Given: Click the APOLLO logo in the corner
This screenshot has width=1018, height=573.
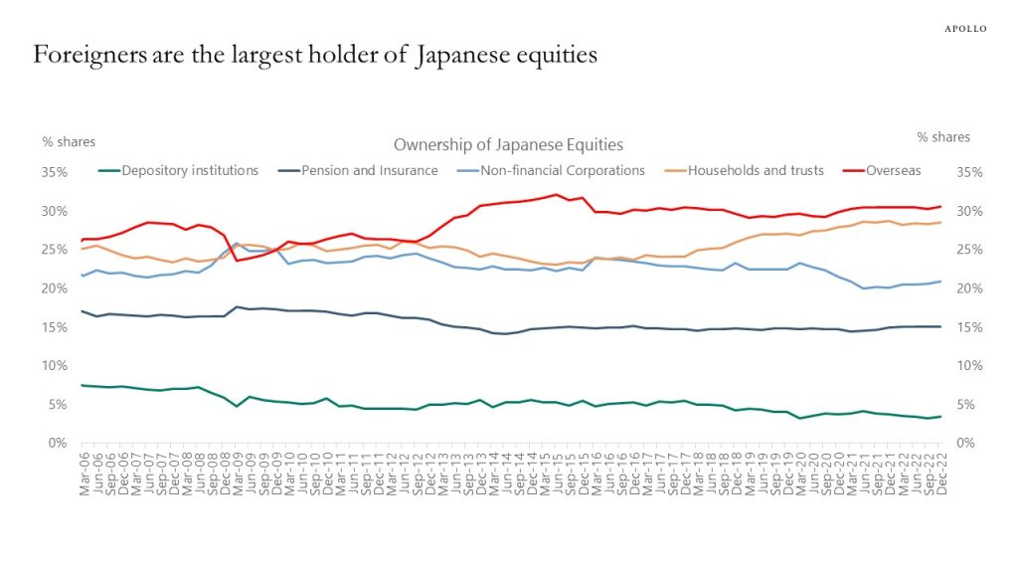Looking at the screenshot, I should [x=964, y=29].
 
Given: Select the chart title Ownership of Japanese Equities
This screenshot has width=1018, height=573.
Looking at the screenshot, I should [x=508, y=145].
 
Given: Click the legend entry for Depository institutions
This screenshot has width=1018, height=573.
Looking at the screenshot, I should [x=189, y=170].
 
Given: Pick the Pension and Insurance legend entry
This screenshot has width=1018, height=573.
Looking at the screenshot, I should [x=369, y=170].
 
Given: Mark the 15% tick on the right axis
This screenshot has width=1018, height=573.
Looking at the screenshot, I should [x=968, y=327].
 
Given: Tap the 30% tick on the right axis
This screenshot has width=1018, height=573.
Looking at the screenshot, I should [x=968, y=211].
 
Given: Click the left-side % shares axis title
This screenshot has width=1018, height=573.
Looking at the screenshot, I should [x=69, y=141].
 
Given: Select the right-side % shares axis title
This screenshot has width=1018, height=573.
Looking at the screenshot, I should [x=943, y=137].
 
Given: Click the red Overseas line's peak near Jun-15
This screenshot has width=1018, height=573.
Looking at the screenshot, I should [x=556, y=195].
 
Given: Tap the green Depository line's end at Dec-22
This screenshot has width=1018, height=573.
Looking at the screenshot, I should [x=940, y=417].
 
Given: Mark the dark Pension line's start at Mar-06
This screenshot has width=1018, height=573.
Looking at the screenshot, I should [x=83, y=311].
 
